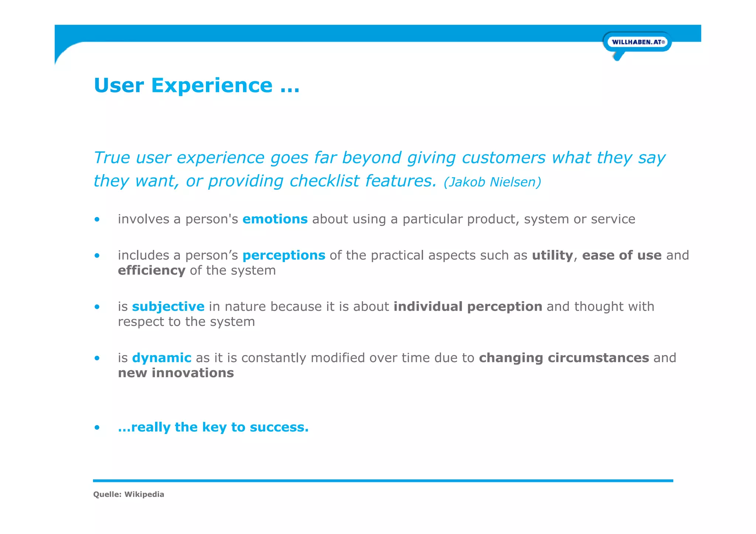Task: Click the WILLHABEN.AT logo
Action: point(638,42)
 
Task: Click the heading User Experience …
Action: point(196,86)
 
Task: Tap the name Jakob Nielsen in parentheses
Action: point(492,182)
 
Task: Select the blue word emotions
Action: point(275,219)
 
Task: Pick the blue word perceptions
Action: point(283,255)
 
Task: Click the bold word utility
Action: point(552,255)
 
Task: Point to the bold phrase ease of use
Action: point(622,255)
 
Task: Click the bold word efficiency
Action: point(151,271)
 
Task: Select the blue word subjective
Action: point(168,307)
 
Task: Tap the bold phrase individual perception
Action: point(468,307)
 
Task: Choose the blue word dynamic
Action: point(161,358)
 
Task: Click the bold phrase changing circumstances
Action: point(564,358)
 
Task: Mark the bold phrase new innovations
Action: point(176,373)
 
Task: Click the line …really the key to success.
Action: point(213,427)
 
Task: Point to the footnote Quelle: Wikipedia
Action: point(128,495)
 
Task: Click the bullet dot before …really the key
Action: point(97,428)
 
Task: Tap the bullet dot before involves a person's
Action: point(97,220)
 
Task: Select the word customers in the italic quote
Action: point(503,158)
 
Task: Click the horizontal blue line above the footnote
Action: point(383,481)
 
